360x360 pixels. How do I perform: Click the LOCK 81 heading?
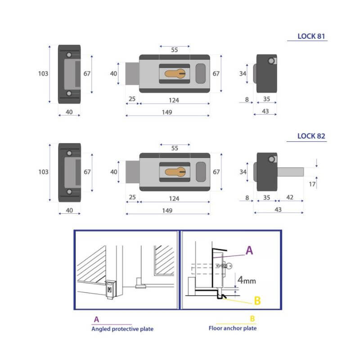pyautogui.click(x=311, y=36)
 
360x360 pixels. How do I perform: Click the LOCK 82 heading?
pyautogui.click(x=311, y=136)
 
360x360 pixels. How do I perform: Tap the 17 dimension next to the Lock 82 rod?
pyautogui.click(x=312, y=184)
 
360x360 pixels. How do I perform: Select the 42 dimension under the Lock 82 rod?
pyautogui.click(x=290, y=197)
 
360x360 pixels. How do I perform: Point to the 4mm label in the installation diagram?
pyautogui.click(x=247, y=280)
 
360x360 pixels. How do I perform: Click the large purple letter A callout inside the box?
pyautogui.click(x=249, y=250)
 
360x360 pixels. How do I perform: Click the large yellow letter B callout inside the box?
pyautogui.click(x=257, y=301)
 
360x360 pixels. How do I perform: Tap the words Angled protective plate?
pyautogui.click(x=122, y=329)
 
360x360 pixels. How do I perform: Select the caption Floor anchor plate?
pyautogui.click(x=233, y=328)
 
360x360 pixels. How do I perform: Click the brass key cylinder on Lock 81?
pyautogui.click(x=175, y=74)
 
